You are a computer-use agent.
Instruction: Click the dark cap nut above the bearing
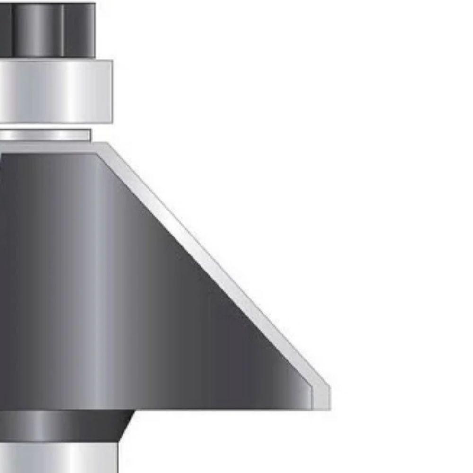pyautogui.click(x=47, y=30)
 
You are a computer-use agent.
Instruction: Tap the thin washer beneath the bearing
pyautogui.click(x=45, y=135)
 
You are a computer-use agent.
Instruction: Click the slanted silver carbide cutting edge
pyautogui.click(x=213, y=265)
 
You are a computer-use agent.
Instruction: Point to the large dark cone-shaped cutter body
pyautogui.click(x=142, y=293)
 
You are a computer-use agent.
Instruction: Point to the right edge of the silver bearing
pyautogui.click(x=112, y=91)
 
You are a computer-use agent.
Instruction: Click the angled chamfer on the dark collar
pyautogui.click(x=125, y=426)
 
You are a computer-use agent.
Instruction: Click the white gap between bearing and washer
pyautogui.click(x=47, y=126)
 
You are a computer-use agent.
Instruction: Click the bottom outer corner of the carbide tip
pyautogui.click(x=329, y=409)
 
